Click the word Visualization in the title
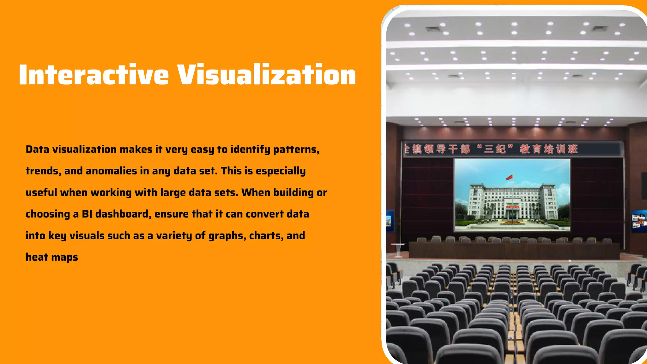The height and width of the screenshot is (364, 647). coord(266,75)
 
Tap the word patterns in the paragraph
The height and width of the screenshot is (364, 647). coord(296,149)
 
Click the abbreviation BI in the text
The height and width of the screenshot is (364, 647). coord(87,214)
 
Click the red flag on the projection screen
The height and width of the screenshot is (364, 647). coord(509,177)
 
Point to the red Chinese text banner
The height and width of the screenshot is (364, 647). coord(493,149)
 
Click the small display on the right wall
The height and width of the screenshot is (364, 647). coord(639,221)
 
